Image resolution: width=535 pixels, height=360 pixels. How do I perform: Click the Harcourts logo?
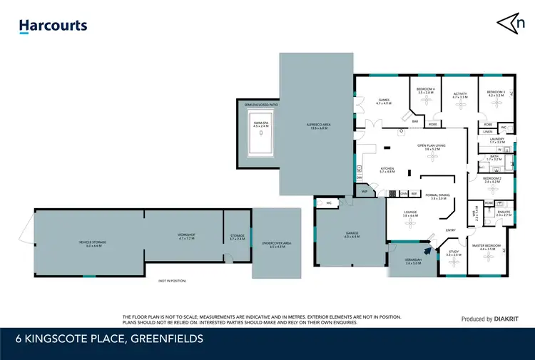[x=53, y=26]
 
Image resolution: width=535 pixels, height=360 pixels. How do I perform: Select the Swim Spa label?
[x=262, y=123]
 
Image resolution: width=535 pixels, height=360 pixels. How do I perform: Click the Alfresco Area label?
[x=317, y=127]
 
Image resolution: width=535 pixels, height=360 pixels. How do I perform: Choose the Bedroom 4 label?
[x=426, y=91]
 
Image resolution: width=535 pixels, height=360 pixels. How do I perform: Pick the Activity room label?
[x=459, y=94]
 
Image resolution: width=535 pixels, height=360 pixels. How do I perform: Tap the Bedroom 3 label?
[x=496, y=93]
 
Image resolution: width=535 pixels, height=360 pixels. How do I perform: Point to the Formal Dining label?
[x=438, y=197]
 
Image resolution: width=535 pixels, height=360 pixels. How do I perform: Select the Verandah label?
[x=413, y=262]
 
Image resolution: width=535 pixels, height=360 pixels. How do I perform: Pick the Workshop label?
[x=186, y=236]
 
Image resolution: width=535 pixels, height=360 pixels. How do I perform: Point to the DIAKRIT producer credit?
[x=490, y=319]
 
